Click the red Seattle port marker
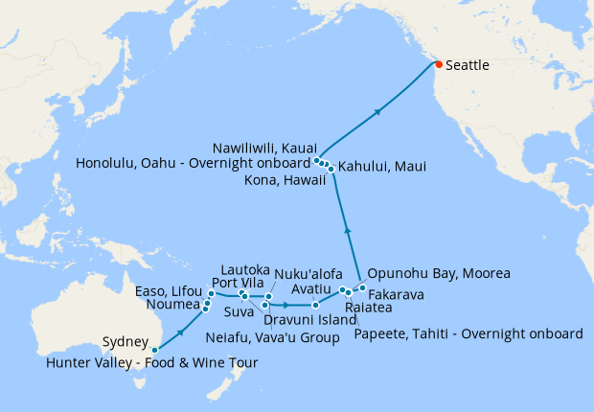[x=438, y=64]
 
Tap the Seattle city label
[x=471, y=66]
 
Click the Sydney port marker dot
[x=155, y=351]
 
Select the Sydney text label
[x=126, y=342]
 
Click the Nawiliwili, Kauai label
[x=265, y=147]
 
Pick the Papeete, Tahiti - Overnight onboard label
[x=468, y=333]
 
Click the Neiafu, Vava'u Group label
[x=273, y=337]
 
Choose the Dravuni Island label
[x=310, y=320]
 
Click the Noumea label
[x=172, y=306]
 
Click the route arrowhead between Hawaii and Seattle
[x=378, y=111]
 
